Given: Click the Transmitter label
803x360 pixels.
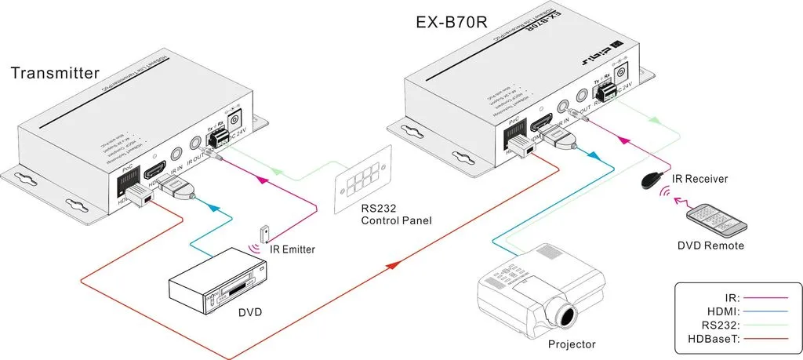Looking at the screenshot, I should click(55, 74).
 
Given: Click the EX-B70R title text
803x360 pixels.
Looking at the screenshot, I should click(452, 23).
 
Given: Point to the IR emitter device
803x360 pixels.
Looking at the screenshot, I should click(267, 233).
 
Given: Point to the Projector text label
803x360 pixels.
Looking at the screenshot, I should click(572, 344).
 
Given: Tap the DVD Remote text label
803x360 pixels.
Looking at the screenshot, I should click(710, 245).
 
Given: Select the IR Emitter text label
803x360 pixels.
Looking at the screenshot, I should click(292, 249).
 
